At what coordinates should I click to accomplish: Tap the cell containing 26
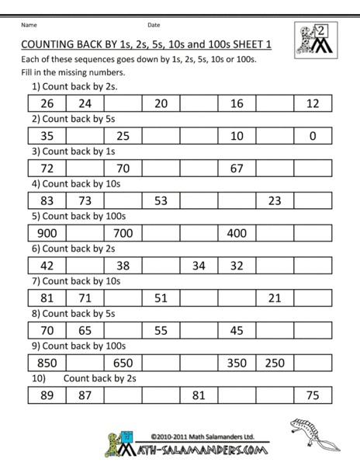coord(47,103)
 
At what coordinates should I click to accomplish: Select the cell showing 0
coord(313,135)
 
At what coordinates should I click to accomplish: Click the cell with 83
coord(47,200)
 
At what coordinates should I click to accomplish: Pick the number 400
coord(237,232)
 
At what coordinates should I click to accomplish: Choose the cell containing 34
coord(199,266)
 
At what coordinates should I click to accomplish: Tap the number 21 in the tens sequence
coord(275,298)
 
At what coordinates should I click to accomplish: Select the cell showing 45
coord(237,330)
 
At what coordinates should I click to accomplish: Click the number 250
coord(275,363)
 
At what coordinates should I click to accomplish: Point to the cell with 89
coord(47,396)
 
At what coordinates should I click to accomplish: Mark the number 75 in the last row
coord(313,396)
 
